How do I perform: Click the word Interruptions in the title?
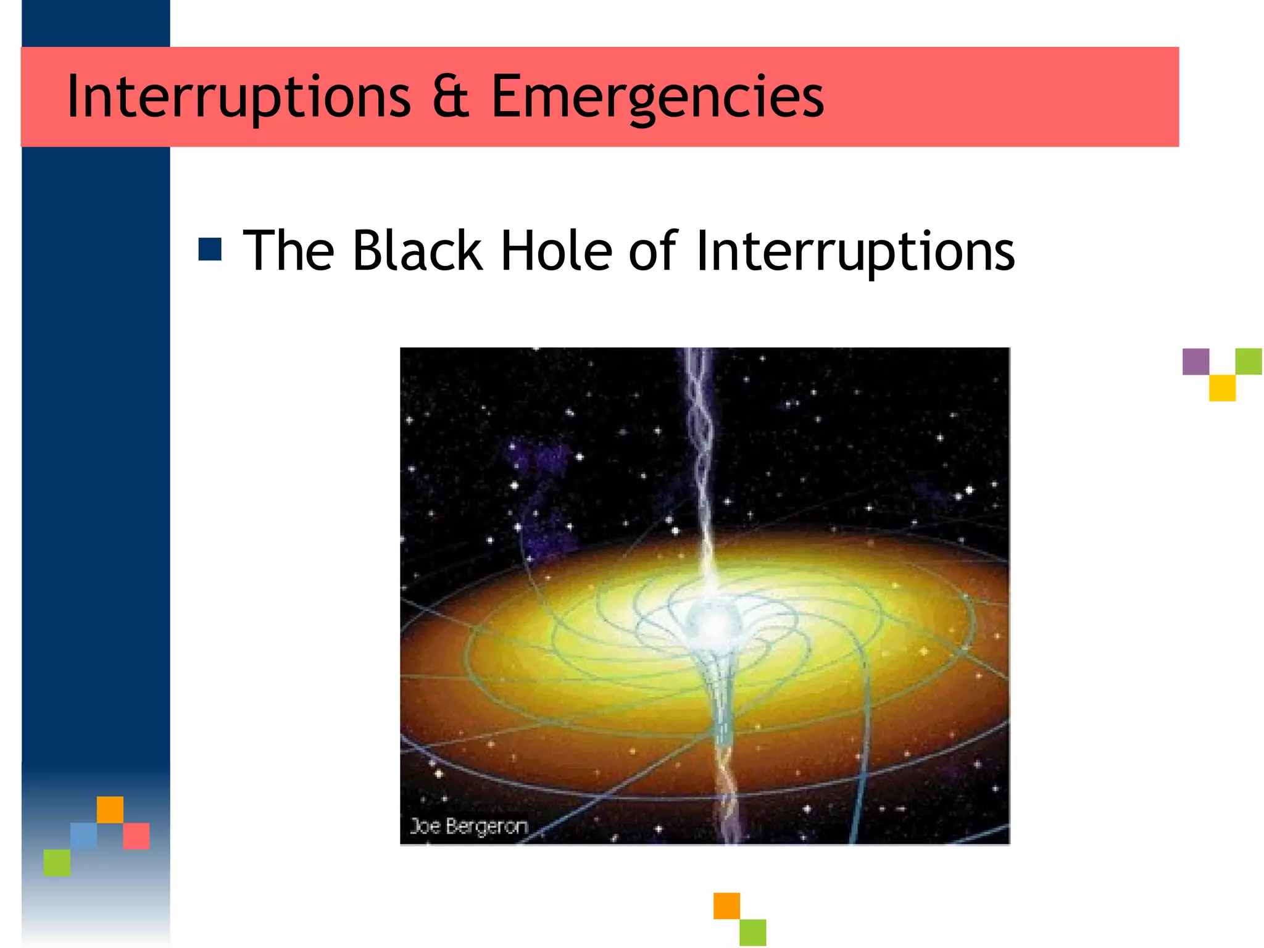238,97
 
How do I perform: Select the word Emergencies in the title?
657,97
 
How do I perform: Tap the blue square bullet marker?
210,249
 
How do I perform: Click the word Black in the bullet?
417,251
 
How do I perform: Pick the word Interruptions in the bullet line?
855,252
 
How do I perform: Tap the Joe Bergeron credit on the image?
469,826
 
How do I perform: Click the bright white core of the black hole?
712,620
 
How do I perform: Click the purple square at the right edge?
1195,362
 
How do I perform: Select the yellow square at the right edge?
1222,388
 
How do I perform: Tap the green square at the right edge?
1249,362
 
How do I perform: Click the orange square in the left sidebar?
110,810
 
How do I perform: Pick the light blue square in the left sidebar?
83,836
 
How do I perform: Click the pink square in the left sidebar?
136,836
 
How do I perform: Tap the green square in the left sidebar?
57,862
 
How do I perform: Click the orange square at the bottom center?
726,905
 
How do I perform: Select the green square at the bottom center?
753,932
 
